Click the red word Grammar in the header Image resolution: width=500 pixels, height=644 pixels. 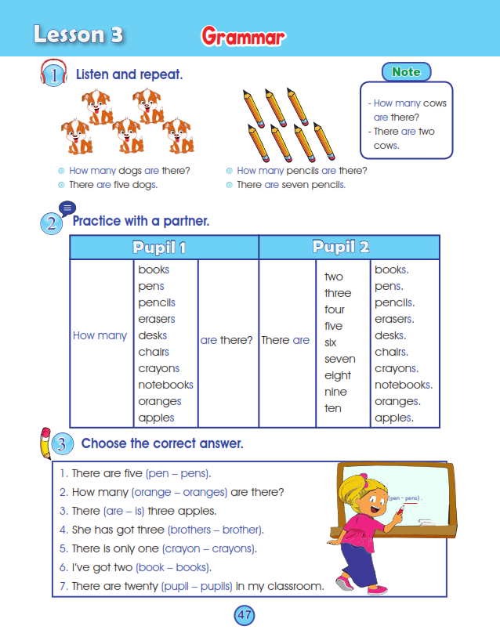(243, 36)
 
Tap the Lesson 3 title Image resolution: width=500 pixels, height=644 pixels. (78, 34)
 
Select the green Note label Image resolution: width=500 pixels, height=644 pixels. (406, 71)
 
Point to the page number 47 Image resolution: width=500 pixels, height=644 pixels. (245, 615)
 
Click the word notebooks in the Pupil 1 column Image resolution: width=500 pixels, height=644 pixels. (165, 385)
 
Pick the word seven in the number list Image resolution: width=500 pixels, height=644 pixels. (339, 359)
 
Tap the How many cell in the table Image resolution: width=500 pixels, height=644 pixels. (100, 335)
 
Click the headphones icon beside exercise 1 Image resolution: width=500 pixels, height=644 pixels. (52, 74)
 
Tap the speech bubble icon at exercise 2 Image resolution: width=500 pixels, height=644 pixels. (67, 208)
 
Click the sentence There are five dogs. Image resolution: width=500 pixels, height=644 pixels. (113, 185)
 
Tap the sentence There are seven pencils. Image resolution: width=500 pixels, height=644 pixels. (291, 185)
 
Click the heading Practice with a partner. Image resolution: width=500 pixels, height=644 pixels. (141, 221)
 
